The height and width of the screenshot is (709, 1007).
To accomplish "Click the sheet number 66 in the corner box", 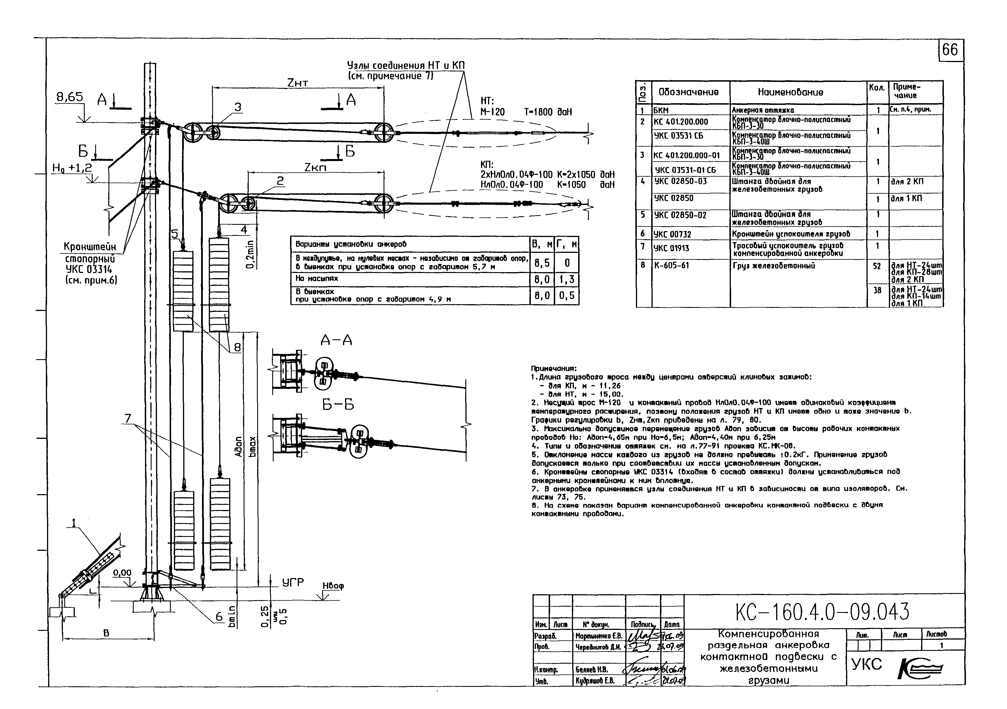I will click(950, 50).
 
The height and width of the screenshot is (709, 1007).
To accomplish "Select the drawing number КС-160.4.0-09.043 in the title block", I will click(822, 611).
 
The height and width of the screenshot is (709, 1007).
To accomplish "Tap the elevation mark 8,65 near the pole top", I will click(70, 97).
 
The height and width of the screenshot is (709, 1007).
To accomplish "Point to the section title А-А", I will click(337, 340).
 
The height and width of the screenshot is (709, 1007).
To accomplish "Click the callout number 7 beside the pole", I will click(128, 419).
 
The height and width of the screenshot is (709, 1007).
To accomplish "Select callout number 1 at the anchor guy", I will click(74, 522).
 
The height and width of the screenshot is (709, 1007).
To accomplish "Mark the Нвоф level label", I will click(333, 586).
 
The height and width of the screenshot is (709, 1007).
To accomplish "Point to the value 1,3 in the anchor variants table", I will click(567, 279).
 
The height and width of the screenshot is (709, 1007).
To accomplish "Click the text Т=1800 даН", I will click(548, 112).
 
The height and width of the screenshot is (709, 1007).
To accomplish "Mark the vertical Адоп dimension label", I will click(238, 446).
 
